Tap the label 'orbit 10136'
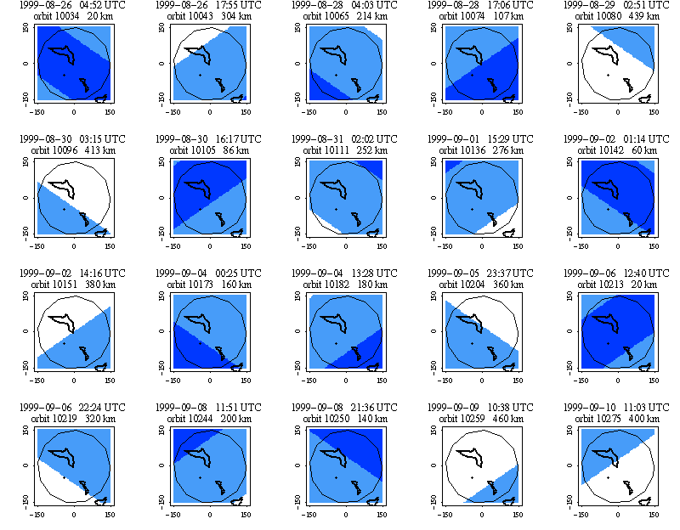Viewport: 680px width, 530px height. pos(465,149)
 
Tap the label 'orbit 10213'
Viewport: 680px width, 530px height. pos(601,283)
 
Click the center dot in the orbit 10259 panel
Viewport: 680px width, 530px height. pos(473,477)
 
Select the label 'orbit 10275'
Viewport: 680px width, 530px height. pos(601,418)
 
